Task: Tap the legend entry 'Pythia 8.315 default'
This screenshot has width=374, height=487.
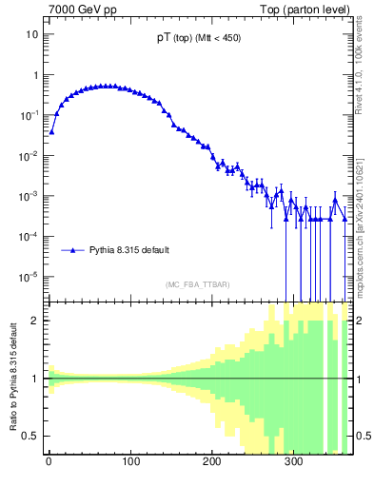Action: click(x=129, y=250)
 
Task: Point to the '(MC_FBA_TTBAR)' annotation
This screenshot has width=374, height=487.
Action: click(x=198, y=284)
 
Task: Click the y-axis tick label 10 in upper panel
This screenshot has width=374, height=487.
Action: click(x=31, y=34)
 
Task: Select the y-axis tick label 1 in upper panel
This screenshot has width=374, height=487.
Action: click(x=34, y=75)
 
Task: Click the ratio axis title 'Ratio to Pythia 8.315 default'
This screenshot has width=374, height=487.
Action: click(x=14, y=378)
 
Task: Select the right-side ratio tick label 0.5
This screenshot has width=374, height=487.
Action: click(x=363, y=437)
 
